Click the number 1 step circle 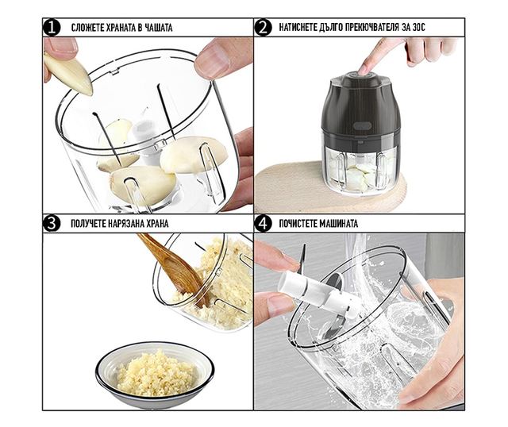pos(52,28)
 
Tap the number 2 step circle pos(263,28)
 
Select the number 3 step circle pos(52,224)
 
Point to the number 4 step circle pos(263,224)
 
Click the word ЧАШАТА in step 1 pos(159,28)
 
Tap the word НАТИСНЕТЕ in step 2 pos(297,28)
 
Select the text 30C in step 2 pos(418,28)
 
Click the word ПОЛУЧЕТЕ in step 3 pos(88,224)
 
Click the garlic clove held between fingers pos(69,74)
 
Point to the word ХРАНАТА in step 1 pos(119,28)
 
